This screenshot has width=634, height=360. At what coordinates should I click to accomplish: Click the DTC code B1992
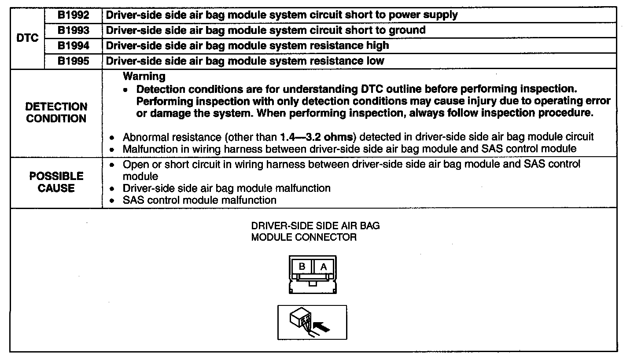[x=74, y=15]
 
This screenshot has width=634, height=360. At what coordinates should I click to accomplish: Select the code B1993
[x=74, y=30]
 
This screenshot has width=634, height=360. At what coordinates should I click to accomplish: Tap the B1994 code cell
[x=74, y=45]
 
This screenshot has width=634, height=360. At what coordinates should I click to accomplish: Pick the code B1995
[x=74, y=61]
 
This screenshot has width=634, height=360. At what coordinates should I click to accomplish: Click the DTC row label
[x=27, y=38]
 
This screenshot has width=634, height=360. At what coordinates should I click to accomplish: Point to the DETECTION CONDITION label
[x=56, y=113]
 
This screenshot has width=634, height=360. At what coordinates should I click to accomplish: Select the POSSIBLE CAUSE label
[x=56, y=182]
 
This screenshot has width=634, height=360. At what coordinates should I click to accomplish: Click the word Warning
[x=144, y=77]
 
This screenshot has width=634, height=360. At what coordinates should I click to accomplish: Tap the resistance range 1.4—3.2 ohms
[x=313, y=137]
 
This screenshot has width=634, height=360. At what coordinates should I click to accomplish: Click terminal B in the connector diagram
[x=302, y=267]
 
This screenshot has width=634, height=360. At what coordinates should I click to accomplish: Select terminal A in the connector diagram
[x=324, y=267]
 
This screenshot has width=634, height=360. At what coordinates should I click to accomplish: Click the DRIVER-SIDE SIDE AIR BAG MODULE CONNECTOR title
[x=315, y=231]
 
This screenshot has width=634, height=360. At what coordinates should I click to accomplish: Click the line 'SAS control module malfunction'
[x=199, y=200]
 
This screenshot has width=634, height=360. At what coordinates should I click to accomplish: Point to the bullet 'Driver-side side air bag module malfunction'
[x=226, y=188]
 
